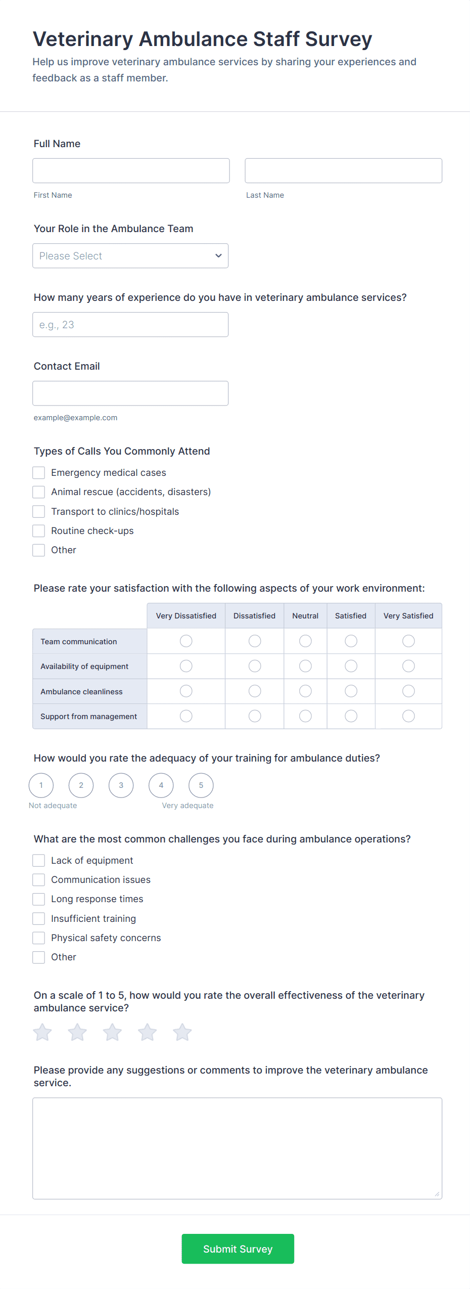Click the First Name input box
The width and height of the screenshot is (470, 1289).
(131, 170)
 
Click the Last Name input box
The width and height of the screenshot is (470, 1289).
(343, 170)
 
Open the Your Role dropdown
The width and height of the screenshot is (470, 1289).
(130, 256)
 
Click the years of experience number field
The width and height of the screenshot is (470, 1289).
(130, 325)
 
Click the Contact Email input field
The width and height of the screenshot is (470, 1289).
(130, 393)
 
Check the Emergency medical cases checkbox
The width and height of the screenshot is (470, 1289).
(39, 473)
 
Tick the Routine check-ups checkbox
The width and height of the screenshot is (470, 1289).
(39, 531)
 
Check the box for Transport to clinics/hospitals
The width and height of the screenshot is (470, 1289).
(39, 512)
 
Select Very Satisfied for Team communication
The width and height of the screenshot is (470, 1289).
(408, 641)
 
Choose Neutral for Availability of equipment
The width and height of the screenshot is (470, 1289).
(305, 666)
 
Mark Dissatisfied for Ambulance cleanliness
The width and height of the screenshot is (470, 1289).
(255, 691)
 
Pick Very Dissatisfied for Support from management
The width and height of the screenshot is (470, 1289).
(186, 716)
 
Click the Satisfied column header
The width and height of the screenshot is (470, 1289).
(351, 616)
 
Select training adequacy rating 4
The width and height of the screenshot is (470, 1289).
(161, 785)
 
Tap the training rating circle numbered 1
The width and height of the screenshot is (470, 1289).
(41, 785)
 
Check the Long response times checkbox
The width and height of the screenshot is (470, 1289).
(39, 899)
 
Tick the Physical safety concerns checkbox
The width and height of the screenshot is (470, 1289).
(39, 938)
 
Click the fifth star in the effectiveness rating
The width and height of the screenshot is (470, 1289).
(182, 1033)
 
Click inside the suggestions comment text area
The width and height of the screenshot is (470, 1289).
(237, 1148)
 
